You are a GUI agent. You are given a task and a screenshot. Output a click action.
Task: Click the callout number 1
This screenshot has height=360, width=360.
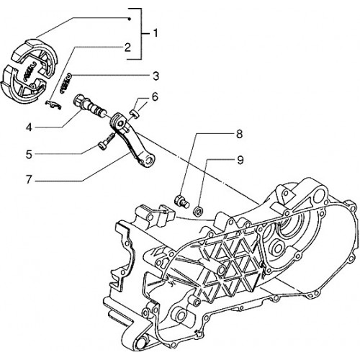[x=156, y=33]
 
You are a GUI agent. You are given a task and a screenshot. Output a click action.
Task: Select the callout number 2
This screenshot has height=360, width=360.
[x=127, y=48]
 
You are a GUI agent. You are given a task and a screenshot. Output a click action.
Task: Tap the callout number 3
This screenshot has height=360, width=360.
[x=156, y=76]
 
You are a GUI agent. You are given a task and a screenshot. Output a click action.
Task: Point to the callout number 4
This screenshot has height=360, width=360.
[x=29, y=127]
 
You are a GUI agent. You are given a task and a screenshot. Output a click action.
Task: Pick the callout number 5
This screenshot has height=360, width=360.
[x=29, y=154]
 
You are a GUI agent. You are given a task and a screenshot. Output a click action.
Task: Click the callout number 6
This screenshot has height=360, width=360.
[x=155, y=97]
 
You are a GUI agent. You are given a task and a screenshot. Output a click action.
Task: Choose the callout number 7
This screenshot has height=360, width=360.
[x=29, y=179]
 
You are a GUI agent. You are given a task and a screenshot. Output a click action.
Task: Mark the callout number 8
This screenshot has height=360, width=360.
[x=239, y=134]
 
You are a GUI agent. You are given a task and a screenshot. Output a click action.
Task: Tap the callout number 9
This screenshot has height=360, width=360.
[x=240, y=160]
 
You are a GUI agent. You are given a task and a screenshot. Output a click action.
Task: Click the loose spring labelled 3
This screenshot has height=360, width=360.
[x=66, y=84]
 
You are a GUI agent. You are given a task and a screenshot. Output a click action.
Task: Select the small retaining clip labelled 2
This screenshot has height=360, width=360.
[x=53, y=104]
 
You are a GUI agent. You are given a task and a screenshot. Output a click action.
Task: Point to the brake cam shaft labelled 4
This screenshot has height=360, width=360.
[x=90, y=106]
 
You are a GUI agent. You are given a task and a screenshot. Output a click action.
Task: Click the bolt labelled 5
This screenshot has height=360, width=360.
[x=106, y=141]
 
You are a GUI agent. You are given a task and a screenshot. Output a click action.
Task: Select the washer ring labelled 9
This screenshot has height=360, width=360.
[x=198, y=211]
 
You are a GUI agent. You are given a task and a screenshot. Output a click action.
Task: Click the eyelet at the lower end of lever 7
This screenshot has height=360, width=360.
[x=149, y=160]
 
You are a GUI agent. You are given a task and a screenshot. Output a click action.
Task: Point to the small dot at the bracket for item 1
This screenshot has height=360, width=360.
[x=129, y=19]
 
